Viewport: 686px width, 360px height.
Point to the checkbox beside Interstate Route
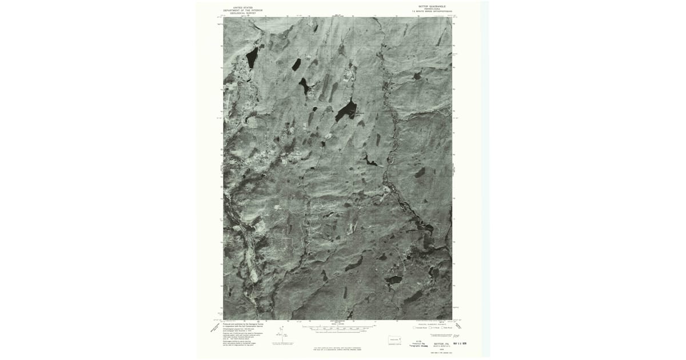414,328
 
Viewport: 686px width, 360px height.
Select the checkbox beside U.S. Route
430,328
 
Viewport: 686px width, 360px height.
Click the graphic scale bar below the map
337,329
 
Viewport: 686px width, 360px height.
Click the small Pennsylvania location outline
394,339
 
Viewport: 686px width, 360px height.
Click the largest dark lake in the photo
346,110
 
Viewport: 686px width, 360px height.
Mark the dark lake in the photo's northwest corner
251,57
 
